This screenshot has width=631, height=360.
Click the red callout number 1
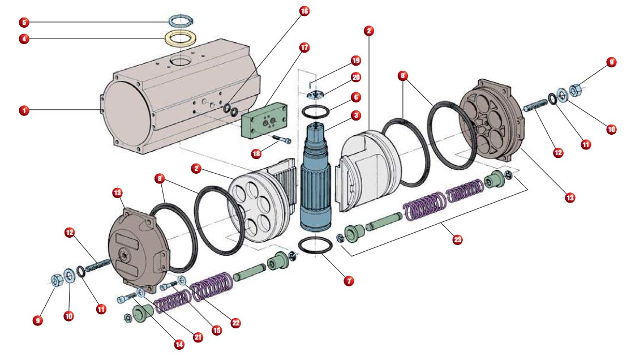pos(24,110)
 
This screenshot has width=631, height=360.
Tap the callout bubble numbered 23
pos(457,239)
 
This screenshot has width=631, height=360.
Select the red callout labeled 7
pos(349,281)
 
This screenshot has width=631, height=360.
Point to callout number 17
pos(304,48)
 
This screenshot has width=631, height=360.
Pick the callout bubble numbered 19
pos(356,61)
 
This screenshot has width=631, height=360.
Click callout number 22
pos(235,323)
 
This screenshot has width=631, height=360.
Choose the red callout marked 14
pos(179,344)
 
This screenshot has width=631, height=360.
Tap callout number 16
pos(304,11)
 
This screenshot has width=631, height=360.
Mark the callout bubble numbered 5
pos(24,22)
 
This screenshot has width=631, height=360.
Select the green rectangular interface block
pos(264,120)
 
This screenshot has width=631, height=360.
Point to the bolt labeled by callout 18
pos(282,139)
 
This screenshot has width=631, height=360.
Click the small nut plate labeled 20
pos(316,95)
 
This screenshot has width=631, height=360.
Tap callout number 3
pos(356,115)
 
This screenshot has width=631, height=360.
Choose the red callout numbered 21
pos(198,337)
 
